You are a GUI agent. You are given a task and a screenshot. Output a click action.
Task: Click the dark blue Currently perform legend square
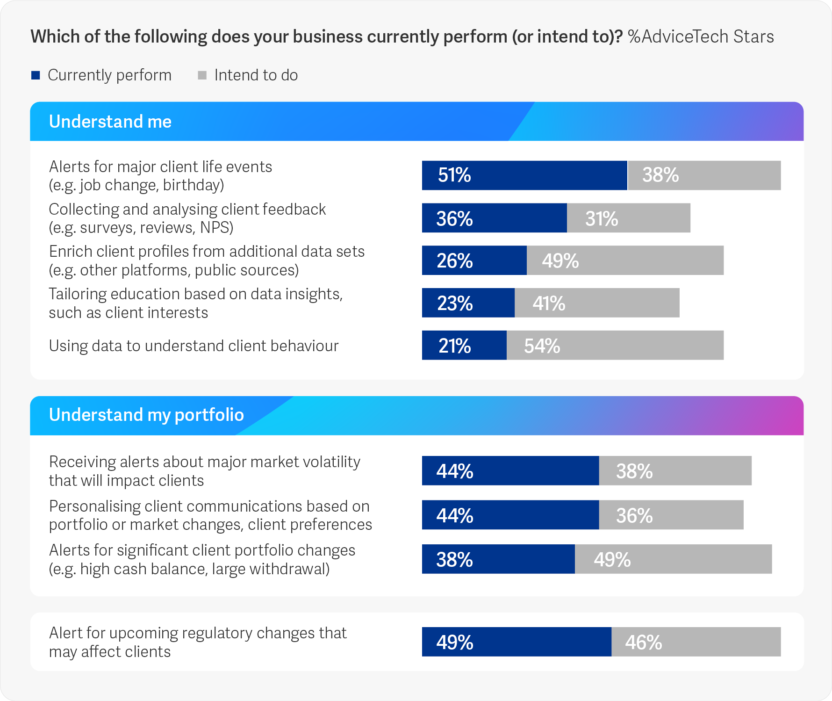pos(36,75)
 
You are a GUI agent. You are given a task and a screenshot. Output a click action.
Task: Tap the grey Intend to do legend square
pos(202,75)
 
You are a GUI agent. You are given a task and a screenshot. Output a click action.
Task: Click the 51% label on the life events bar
pos(454,175)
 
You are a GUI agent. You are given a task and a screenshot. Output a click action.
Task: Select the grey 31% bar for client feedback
pos(629,218)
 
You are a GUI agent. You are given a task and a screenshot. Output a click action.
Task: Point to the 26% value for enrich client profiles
pos(454,261)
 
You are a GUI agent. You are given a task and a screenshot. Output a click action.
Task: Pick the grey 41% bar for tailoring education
pos(597,303)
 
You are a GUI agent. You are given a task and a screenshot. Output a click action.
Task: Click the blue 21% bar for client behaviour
pos(464,346)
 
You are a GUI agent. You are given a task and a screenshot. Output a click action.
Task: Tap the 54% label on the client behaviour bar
pos(542,346)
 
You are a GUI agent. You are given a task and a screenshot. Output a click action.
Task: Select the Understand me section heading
pos(110,122)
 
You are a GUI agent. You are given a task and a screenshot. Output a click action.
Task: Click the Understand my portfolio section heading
pos(146,415)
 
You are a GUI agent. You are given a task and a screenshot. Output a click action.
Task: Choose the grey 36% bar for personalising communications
pos(671,515)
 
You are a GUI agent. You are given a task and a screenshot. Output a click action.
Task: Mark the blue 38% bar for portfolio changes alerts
pos(498,559)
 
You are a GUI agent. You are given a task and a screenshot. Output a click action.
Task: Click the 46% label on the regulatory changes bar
pos(644,643)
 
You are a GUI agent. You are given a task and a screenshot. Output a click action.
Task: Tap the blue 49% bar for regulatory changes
pos(516,642)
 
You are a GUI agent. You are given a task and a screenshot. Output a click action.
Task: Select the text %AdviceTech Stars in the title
pos(701,36)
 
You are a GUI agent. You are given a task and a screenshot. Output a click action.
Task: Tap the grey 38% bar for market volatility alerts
pos(675,471)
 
